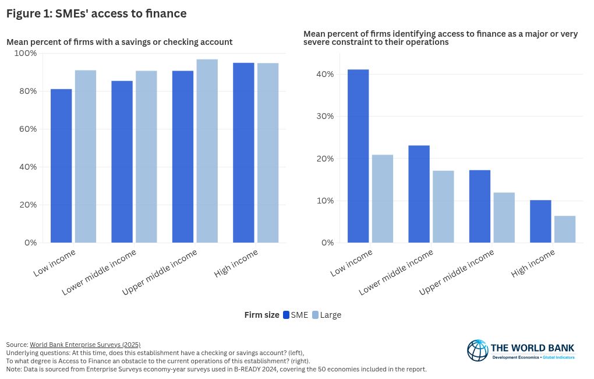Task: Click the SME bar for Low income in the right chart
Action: pos(358,156)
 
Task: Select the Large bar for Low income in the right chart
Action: pos(383,198)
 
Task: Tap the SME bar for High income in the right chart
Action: pos(540,221)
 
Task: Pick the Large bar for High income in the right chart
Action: pos(565,229)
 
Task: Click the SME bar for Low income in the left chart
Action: pos(61,166)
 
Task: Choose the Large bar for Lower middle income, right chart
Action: pos(443,206)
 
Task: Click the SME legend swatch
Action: pos(286,315)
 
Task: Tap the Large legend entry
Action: pos(326,315)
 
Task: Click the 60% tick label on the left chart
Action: pos(27,129)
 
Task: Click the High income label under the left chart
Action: pos(237,264)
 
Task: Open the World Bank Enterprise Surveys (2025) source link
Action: pos(85,345)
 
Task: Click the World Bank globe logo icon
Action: pos(478,350)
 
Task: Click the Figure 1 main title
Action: pos(96,13)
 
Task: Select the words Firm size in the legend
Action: pos(261,315)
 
